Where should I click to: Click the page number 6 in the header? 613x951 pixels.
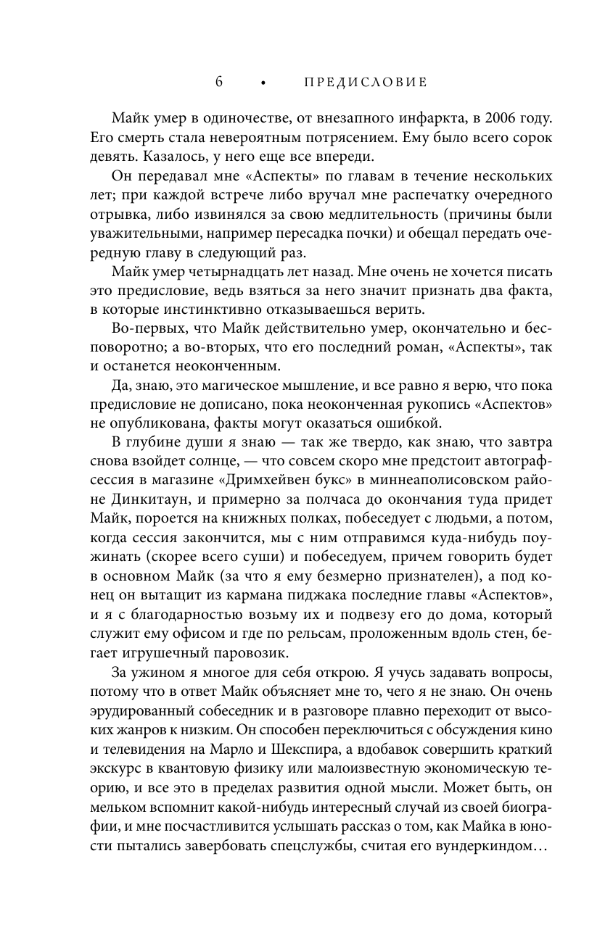219,82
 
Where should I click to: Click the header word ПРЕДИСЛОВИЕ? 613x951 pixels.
365,83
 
